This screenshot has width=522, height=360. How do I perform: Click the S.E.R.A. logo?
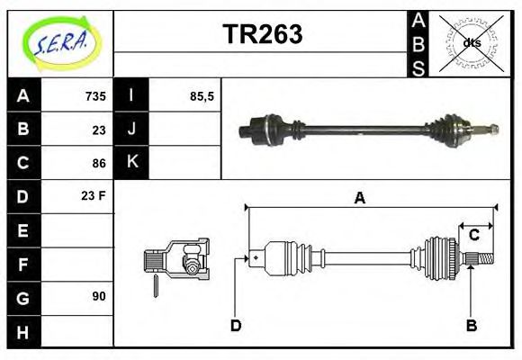(60, 42)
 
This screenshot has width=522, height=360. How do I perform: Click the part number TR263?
(262, 34)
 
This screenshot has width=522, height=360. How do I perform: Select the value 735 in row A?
(95, 95)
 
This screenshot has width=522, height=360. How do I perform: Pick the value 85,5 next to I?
(202, 95)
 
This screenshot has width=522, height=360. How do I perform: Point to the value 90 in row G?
(98, 295)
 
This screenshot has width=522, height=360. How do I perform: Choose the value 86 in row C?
(99, 163)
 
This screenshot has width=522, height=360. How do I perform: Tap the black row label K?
(132, 162)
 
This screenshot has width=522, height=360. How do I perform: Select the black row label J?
(132, 129)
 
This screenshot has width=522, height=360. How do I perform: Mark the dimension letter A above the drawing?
(359, 199)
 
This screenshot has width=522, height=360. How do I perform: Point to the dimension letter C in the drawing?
(473, 236)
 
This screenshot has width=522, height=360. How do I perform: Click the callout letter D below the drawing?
(236, 325)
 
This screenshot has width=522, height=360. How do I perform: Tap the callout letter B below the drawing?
(471, 325)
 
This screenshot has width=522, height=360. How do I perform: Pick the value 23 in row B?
(99, 129)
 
